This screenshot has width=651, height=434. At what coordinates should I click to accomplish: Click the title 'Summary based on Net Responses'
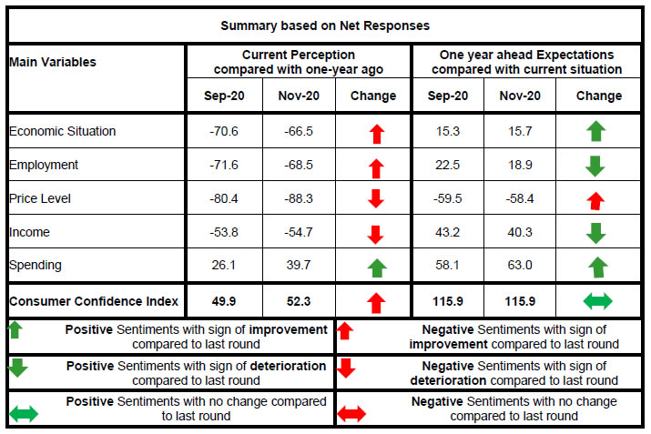point(325,25)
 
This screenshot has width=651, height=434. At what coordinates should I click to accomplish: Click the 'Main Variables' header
point(53,62)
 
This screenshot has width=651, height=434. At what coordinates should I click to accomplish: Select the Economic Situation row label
point(63,131)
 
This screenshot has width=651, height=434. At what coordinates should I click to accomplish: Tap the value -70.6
point(225,131)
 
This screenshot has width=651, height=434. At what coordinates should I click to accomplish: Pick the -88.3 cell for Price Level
point(299,198)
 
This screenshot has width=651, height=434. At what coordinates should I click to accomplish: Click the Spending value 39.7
point(299,267)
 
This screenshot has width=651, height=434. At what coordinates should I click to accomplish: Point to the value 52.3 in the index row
point(299,300)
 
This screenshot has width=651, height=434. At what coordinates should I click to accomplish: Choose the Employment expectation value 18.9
point(519,165)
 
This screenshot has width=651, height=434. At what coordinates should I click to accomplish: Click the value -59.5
point(448,198)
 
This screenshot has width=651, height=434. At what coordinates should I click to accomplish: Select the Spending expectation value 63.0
point(519,267)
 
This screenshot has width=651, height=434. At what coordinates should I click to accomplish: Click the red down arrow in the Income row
point(373,234)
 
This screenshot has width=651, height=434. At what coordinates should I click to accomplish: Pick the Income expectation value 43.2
point(448,233)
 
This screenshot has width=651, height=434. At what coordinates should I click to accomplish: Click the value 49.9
point(225,300)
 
